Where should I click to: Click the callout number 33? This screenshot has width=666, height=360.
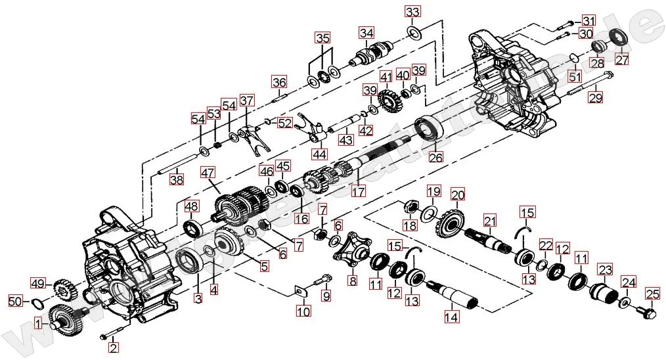click(x=412, y=12)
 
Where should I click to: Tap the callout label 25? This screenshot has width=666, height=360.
click(x=652, y=293)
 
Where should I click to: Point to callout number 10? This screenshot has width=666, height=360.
click(x=303, y=311)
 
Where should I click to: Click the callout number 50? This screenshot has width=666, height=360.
click(x=14, y=301)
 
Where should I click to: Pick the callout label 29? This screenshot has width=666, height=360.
click(x=595, y=98)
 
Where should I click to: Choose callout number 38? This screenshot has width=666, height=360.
click(x=177, y=178)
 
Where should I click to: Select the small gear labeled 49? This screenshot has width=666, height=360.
click(x=63, y=288)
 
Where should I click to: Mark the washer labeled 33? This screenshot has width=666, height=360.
click(x=415, y=32)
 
